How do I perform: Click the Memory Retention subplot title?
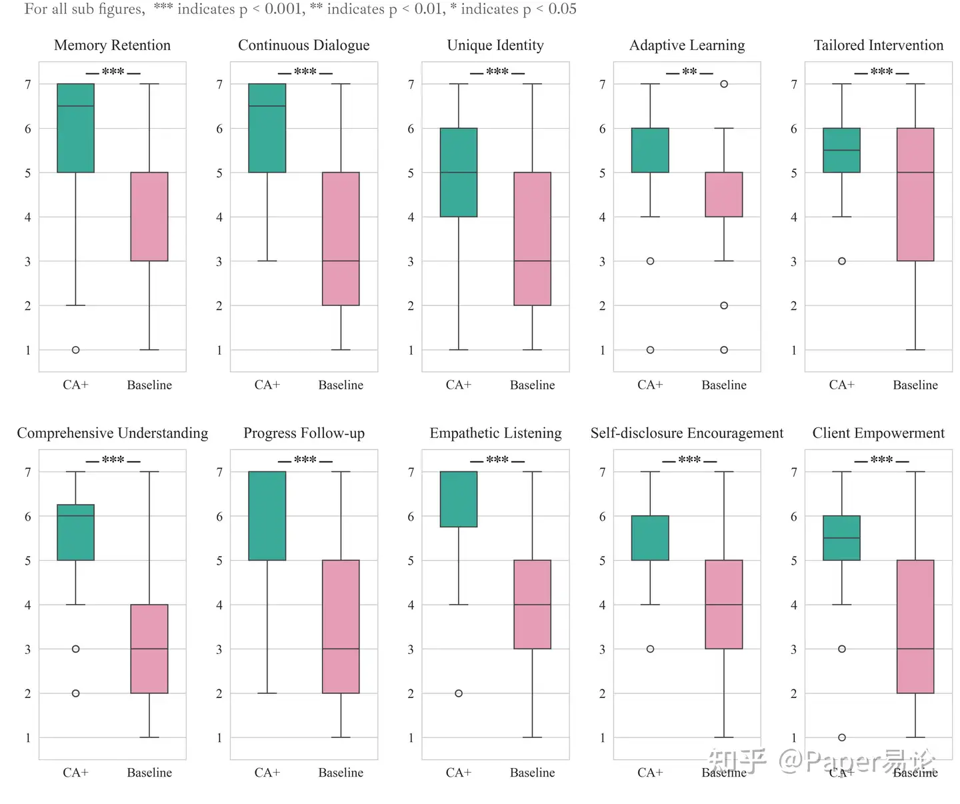(112, 45)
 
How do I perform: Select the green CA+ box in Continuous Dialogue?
(267, 128)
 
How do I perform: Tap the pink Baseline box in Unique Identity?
(532, 239)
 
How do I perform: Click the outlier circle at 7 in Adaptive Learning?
(724, 84)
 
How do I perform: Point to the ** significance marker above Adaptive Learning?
(689, 71)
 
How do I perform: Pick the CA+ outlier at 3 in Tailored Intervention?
(842, 261)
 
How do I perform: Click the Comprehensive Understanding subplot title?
(112, 433)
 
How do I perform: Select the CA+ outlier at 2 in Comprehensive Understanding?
(76, 693)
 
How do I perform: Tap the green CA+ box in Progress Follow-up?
(267, 516)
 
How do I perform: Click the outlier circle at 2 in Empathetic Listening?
(459, 693)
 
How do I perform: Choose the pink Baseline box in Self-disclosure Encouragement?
(724, 604)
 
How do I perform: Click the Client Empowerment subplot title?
(878, 433)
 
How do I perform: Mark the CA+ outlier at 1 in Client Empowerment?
(842, 737)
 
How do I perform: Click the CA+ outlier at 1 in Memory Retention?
(76, 350)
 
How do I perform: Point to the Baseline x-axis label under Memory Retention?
(149, 385)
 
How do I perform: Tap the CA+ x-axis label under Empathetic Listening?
(459, 773)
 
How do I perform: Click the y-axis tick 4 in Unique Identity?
(411, 217)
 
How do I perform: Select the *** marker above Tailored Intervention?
(881, 71)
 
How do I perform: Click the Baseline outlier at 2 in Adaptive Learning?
(724, 305)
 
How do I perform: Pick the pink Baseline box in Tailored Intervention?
(915, 195)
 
